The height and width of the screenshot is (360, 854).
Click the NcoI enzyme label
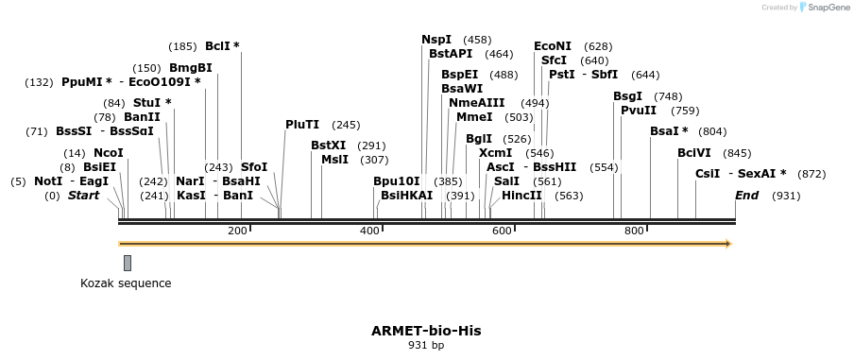coord(109,153)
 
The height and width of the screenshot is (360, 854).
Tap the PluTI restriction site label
coord(302,125)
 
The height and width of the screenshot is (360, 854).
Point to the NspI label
coord(436,40)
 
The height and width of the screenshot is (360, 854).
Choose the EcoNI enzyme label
coord(553,46)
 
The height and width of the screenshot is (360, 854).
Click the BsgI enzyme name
coord(627,96)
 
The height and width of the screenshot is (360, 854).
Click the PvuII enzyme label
coord(639,111)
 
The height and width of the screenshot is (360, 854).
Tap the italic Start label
coord(83,196)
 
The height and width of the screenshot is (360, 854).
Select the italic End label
coord(746,196)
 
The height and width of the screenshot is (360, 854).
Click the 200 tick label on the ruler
coord(237,231)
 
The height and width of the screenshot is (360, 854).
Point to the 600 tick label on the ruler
coord(501,231)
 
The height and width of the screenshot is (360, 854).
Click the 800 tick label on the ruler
coord(633,231)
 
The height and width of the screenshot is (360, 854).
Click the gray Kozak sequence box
coord(128,263)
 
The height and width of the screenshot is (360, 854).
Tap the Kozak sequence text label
coord(126,283)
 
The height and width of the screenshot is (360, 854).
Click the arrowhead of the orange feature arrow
coord(727,244)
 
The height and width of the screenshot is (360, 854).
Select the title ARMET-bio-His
coord(426,331)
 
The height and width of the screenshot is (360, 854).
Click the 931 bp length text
coord(426,345)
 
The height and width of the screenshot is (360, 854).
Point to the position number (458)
coord(477,40)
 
